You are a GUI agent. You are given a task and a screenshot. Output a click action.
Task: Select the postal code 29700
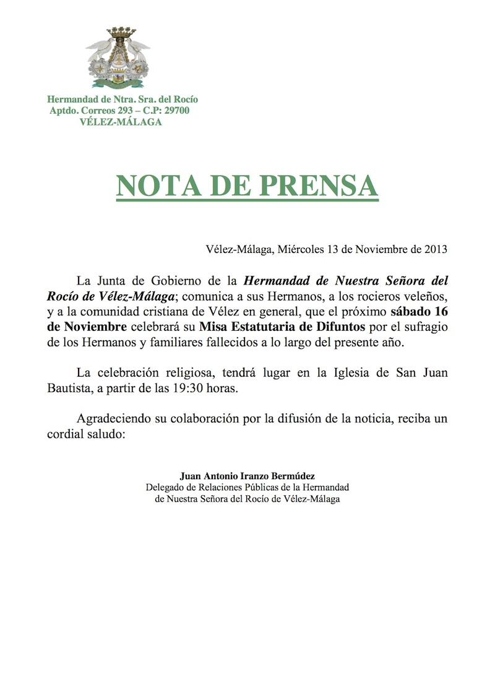tap(175, 111)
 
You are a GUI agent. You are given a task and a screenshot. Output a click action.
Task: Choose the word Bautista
tap(70, 390)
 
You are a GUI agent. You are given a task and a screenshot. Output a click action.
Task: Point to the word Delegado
tap(163, 487)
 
